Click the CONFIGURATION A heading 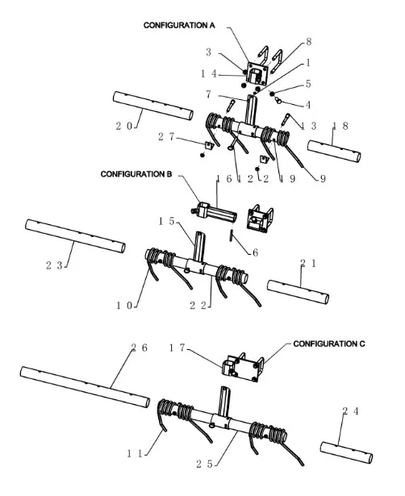click(x=179, y=25)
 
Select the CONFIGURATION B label click(x=136, y=174)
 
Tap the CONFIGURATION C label click(x=328, y=344)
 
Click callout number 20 click(x=124, y=126)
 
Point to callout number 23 click(x=54, y=265)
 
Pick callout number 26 click(x=140, y=348)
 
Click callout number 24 click(x=351, y=411)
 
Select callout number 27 click(x=166, y=136)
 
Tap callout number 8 click(x=309, y=42)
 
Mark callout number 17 click(x=177, y=348)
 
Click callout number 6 click(x=255, y=252)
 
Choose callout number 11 click(x=135, y=453)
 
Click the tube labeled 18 click(x=334, y=151)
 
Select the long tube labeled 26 click(x=85, y=386)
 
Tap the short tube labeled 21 click(x=298, y=292)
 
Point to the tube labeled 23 click(x=75, y=236)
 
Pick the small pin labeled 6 click(x=232, y=235)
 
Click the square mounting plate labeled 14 click(x=257, y=73)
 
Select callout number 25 click(x=204, y=464)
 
